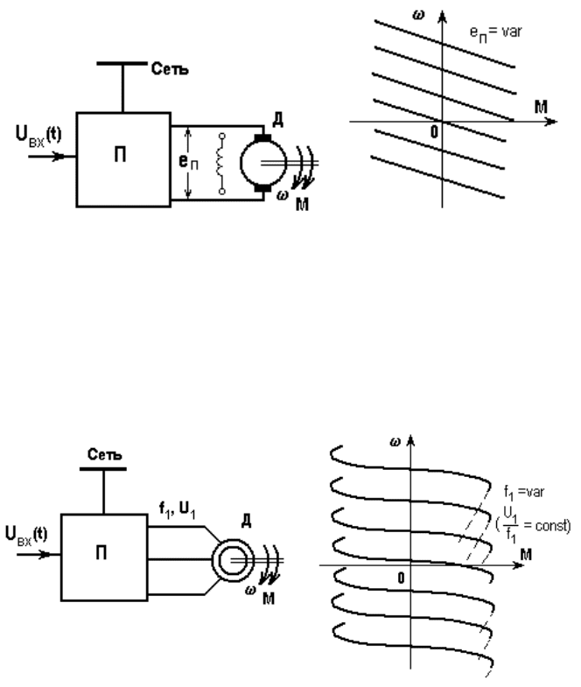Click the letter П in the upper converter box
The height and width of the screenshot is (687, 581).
(120, 155)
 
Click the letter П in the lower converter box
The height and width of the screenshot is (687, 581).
(101, 553)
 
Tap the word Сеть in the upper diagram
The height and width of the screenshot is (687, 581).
(170, 69)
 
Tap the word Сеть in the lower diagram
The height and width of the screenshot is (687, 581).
(104, 454)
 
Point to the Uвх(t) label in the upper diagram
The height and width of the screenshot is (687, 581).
(38, 136)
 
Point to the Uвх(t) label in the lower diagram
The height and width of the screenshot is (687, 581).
(26, 536)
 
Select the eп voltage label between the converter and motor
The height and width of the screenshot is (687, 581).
(188, 162)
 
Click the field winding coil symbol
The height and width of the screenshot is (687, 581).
(222, 164)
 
